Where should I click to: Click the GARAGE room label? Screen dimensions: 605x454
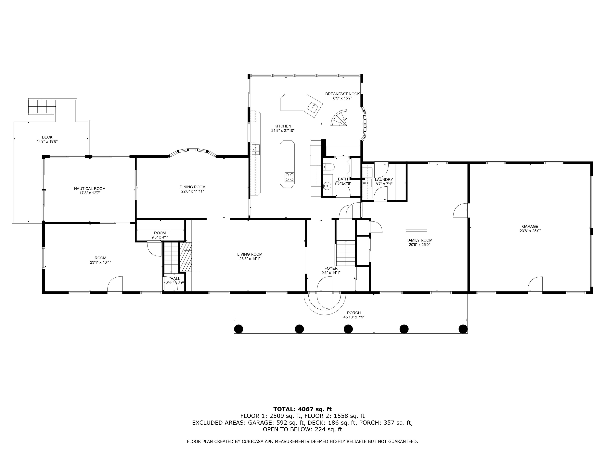[530, 226]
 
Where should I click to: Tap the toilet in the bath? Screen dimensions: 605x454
[328, 167]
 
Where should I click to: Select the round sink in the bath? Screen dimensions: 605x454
[327, 186]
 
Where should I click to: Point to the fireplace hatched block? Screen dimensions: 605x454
[186, 256]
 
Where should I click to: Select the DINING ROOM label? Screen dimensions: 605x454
[193, 187]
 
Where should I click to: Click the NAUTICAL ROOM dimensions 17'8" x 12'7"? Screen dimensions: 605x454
[90, 193]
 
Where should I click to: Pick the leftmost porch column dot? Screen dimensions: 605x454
[239, 329]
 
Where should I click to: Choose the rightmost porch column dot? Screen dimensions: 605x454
[463, 329]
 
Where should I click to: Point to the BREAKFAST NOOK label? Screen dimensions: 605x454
[342, 94]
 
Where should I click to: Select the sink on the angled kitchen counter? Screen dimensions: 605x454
[313, 106]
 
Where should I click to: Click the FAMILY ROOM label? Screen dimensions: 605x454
[419, 240]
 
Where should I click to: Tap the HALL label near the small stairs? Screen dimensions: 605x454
[175, 279]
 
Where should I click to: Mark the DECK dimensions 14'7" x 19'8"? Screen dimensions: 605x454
[47, 141]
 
